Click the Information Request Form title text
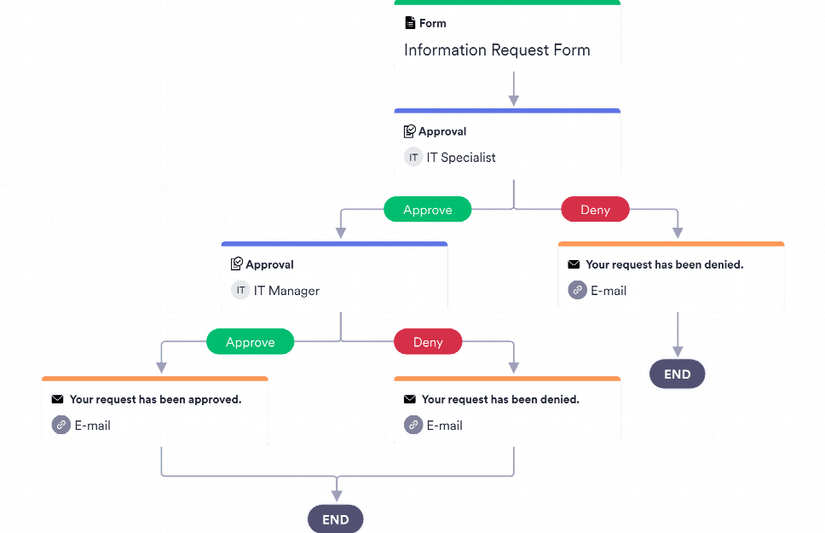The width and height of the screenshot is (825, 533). (497, 49)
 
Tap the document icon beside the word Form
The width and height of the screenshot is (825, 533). (410, 23)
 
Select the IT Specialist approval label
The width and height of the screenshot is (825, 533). (461, 158)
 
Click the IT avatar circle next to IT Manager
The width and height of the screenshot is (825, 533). (240, 291)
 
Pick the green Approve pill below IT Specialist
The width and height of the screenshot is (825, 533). (427, 210)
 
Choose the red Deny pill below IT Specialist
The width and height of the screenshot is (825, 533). (595, 210)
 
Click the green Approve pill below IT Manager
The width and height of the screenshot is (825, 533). (250, 343)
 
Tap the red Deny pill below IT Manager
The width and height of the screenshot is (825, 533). (428, 343)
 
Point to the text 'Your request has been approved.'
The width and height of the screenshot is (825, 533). (155, 399)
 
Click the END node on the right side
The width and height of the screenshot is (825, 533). (677, 374)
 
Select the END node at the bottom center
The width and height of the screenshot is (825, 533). (336, 519)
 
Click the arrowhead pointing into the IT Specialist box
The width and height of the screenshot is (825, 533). (513, 100)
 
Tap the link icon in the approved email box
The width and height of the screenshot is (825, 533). (61, 425)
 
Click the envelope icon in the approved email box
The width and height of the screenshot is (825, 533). (57, 399)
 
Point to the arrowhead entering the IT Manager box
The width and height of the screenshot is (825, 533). (341, 233)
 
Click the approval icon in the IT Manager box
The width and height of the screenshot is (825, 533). (237, 264)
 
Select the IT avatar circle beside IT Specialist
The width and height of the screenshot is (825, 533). (413, 158)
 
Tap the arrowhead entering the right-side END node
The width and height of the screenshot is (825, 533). (678, 351)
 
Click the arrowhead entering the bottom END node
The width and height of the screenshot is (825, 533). (337, 495)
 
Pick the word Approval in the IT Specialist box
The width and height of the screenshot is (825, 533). (442, 131)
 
